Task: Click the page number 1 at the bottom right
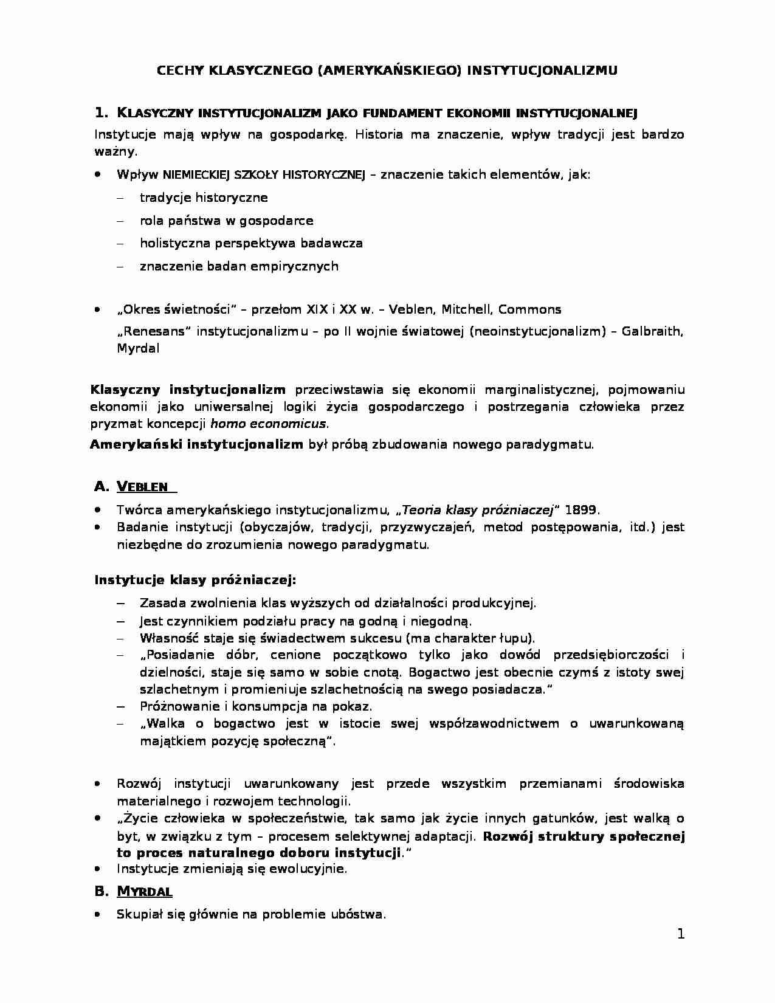pos(681,934)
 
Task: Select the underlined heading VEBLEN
pos(142,486)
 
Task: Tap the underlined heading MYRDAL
pos(144,892)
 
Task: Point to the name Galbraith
pos(653,332)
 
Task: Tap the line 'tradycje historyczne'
pos(204,198)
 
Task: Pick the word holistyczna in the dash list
pos(173,243)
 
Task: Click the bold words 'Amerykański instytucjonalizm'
pos(196,444)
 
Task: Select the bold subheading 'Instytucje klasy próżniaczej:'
pos(195,580)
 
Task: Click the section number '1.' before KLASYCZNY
pos(102,112)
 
